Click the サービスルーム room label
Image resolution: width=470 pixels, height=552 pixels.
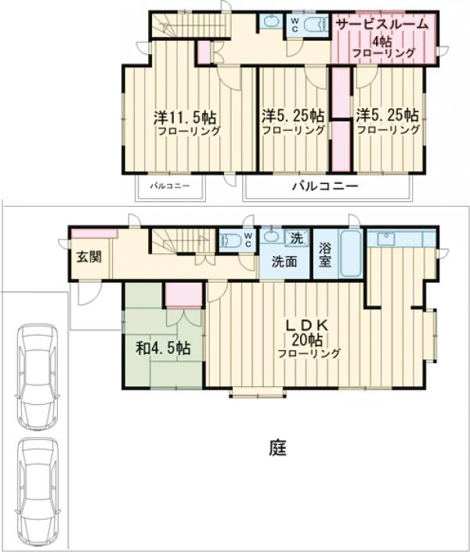(x=382, y=24)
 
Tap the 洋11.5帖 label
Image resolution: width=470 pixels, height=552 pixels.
(x=185, y=117)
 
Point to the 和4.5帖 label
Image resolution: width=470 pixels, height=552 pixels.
(x=164, y=348)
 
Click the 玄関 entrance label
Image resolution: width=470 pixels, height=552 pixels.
(x=89, y=257)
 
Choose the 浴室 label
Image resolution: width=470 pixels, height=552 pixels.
(x=325, y=255)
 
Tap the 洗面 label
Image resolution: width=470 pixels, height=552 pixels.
(x=284, y=262)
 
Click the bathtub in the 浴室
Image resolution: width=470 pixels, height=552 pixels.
(x=351, y=254)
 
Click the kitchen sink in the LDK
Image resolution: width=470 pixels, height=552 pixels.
(x=387, y=239)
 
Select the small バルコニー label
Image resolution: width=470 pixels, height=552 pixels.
(x=170, y=186)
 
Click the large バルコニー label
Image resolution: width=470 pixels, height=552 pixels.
(x=325, y=186)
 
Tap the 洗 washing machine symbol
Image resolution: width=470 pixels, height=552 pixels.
(x=297, y=238)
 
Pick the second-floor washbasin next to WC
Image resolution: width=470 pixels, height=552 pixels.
(x=270, y=22)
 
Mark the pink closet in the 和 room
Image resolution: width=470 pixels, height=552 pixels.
(x=183, y=295)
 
